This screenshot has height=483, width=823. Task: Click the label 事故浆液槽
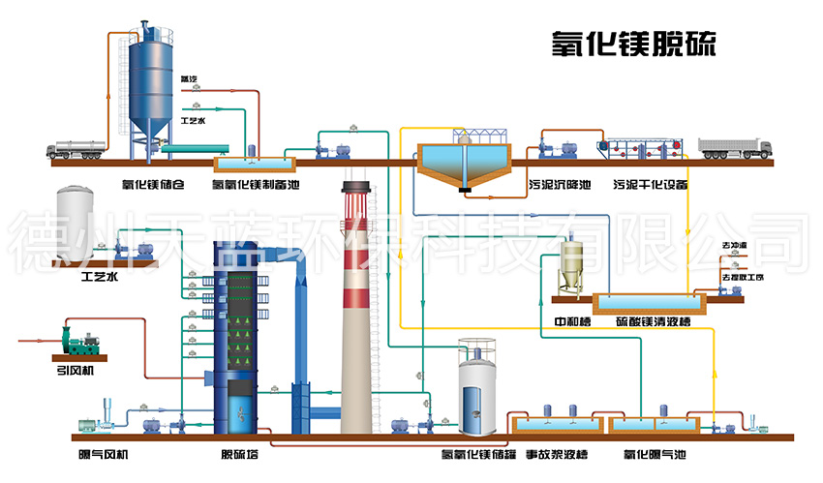click(x=560, y=454)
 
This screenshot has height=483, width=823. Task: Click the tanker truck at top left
click(x=81, y=147)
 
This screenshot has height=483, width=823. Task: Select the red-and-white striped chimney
click(x=356, y=310)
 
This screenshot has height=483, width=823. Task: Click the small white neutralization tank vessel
click(x=571, y=266)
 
